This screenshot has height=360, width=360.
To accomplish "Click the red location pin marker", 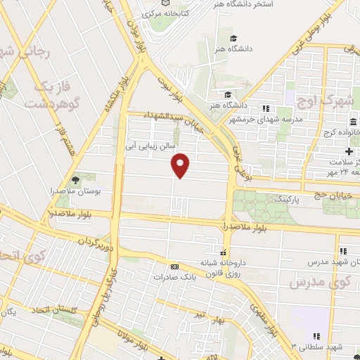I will click(x=181, y=165).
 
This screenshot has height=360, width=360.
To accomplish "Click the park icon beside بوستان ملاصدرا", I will click(x=76, y=180).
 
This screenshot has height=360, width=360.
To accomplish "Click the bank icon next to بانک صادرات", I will click(x=174, y=266).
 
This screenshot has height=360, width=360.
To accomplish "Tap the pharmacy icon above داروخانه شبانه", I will click(x=224, y=252).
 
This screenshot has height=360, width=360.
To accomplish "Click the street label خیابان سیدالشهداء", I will click(x=167, y=115).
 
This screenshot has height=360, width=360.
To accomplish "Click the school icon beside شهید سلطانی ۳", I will click(x=316, y=337).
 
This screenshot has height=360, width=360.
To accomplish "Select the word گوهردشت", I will click(x=49, y=103).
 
